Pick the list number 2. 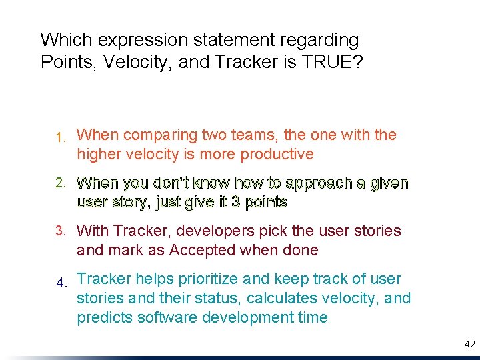click(x=60, y=183)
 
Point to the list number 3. click(x=60, y=231)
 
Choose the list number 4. click(x=61, y=283)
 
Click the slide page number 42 click(x=469, y=344)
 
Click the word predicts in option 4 click(x=105, y=317)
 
